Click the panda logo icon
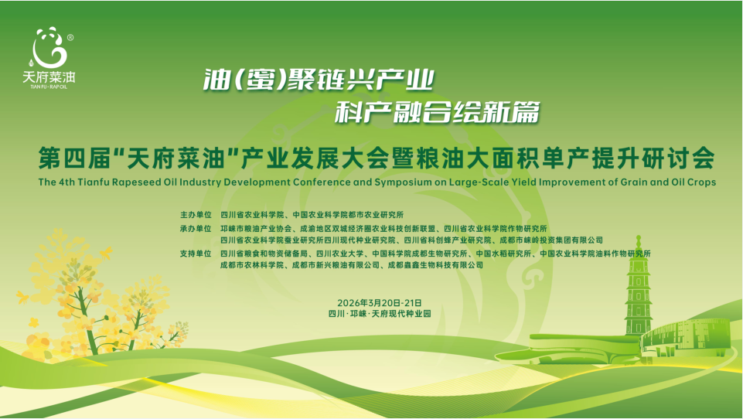[x=49, y=47]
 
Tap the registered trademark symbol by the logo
[x=70, y=37]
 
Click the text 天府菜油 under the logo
[x=49, y=77]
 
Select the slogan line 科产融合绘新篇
[x=438, y=112]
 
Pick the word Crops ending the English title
[x=700, y=182]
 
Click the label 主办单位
[x=196, y=215]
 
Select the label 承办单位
[x=196, y=229]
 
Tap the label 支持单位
[x=196, y=254]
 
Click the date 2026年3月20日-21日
[x=380, y=303]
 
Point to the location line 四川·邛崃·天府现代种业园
[x=380, y=314]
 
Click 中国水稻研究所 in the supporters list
[x=503, y=254]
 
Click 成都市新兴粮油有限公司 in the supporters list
[x=336, y=265]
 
